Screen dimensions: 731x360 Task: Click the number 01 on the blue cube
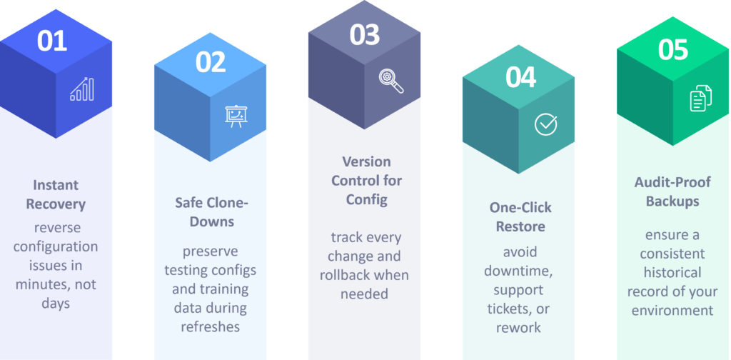51,41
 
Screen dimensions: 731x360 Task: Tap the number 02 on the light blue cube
211,62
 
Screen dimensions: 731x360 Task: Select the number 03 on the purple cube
365,35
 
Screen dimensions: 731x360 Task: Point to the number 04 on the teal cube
520,78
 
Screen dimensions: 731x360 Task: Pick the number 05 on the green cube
672,49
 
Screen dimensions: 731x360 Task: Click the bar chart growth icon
81,89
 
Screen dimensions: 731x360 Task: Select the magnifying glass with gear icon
390,81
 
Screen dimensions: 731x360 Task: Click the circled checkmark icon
545,124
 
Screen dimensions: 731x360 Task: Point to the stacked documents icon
701,98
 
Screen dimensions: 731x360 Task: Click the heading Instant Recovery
56,194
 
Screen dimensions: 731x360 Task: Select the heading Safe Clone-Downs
211,211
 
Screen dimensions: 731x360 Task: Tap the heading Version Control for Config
366,181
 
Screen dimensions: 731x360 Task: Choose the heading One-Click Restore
520,217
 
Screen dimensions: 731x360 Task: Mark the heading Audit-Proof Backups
672,191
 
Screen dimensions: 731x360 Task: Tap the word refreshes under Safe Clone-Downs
211,327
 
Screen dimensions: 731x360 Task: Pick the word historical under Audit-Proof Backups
672,272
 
